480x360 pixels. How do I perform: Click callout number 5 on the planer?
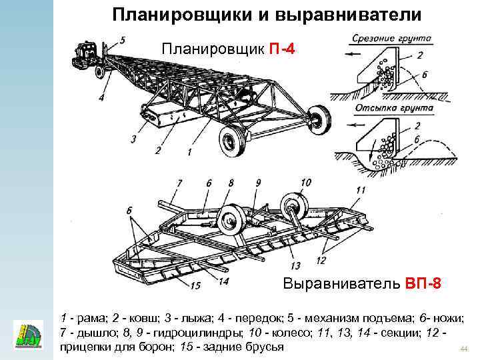point(123,41)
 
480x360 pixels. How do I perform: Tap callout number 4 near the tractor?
point(101,97)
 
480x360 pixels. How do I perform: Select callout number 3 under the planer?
point(134,139)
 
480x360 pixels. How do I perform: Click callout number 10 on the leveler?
point(306,182)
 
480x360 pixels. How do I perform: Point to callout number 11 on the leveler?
point(360,191)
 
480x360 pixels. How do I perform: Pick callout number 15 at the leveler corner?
point(195,286)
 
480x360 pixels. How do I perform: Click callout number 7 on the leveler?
point(179,182)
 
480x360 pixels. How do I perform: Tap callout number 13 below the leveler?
point(295,265)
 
